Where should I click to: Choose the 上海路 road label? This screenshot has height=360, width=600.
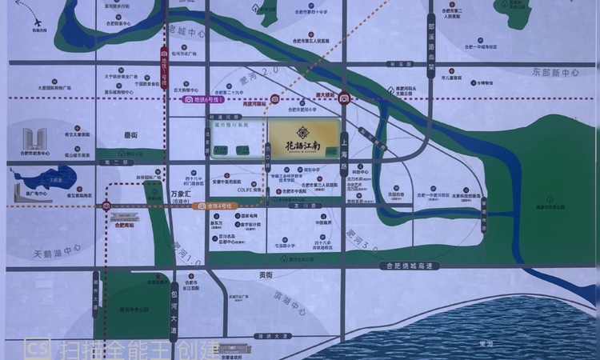(344, 152)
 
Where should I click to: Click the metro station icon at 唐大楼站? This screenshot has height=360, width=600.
(344, 99)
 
